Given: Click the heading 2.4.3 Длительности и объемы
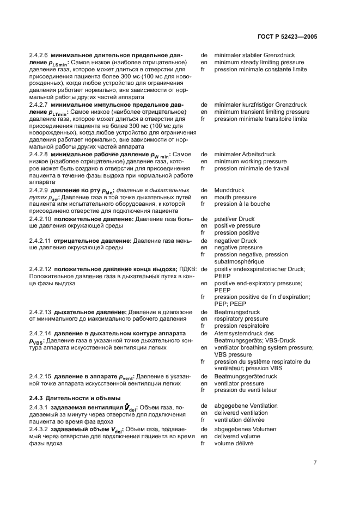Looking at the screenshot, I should [x=75, y=397].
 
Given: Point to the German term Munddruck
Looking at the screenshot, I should [x=230, y=190].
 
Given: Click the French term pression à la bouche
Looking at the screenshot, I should [x=243, y=204].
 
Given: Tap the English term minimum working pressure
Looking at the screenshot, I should [x=250, y=162].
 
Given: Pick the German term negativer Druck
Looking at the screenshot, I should [x=235, y=240].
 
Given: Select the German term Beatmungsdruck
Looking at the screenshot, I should [x=237, y=312].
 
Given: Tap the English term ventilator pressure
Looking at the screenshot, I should [x=240, y=383].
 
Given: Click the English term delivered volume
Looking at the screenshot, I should [x=237, y=436].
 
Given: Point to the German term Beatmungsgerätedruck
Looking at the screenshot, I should [x=246, y=376].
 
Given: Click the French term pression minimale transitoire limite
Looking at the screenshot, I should [x=260, y=119].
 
